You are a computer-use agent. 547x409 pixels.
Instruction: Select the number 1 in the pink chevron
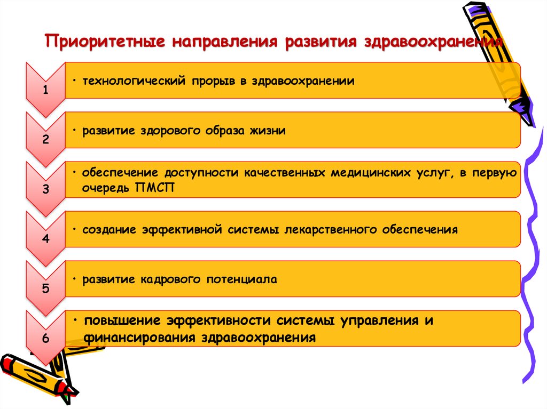(46, 90)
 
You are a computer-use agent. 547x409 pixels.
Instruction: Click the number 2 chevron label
(46, 140)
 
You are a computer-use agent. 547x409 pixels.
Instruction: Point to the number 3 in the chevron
(46, 189)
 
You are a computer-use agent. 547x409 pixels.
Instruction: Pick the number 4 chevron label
(46, 239)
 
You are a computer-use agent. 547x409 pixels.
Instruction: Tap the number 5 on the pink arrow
(46, 289)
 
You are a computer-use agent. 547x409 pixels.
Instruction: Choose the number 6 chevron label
(46, 339)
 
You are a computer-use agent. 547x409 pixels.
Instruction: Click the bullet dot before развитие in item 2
(76, 130)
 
